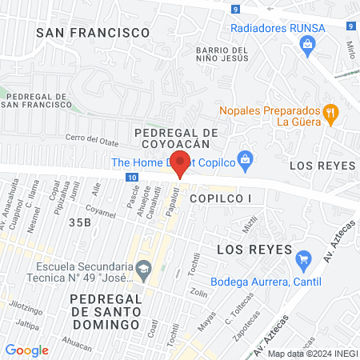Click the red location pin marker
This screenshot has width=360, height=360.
(181, 163)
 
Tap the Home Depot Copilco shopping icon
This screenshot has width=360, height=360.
(246, 157)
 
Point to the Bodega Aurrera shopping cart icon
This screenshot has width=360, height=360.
(302, 259)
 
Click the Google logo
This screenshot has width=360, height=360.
(27, 350)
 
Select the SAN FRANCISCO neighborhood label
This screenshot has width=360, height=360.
(94, 32)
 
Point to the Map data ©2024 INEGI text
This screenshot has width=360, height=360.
(311, 353)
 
